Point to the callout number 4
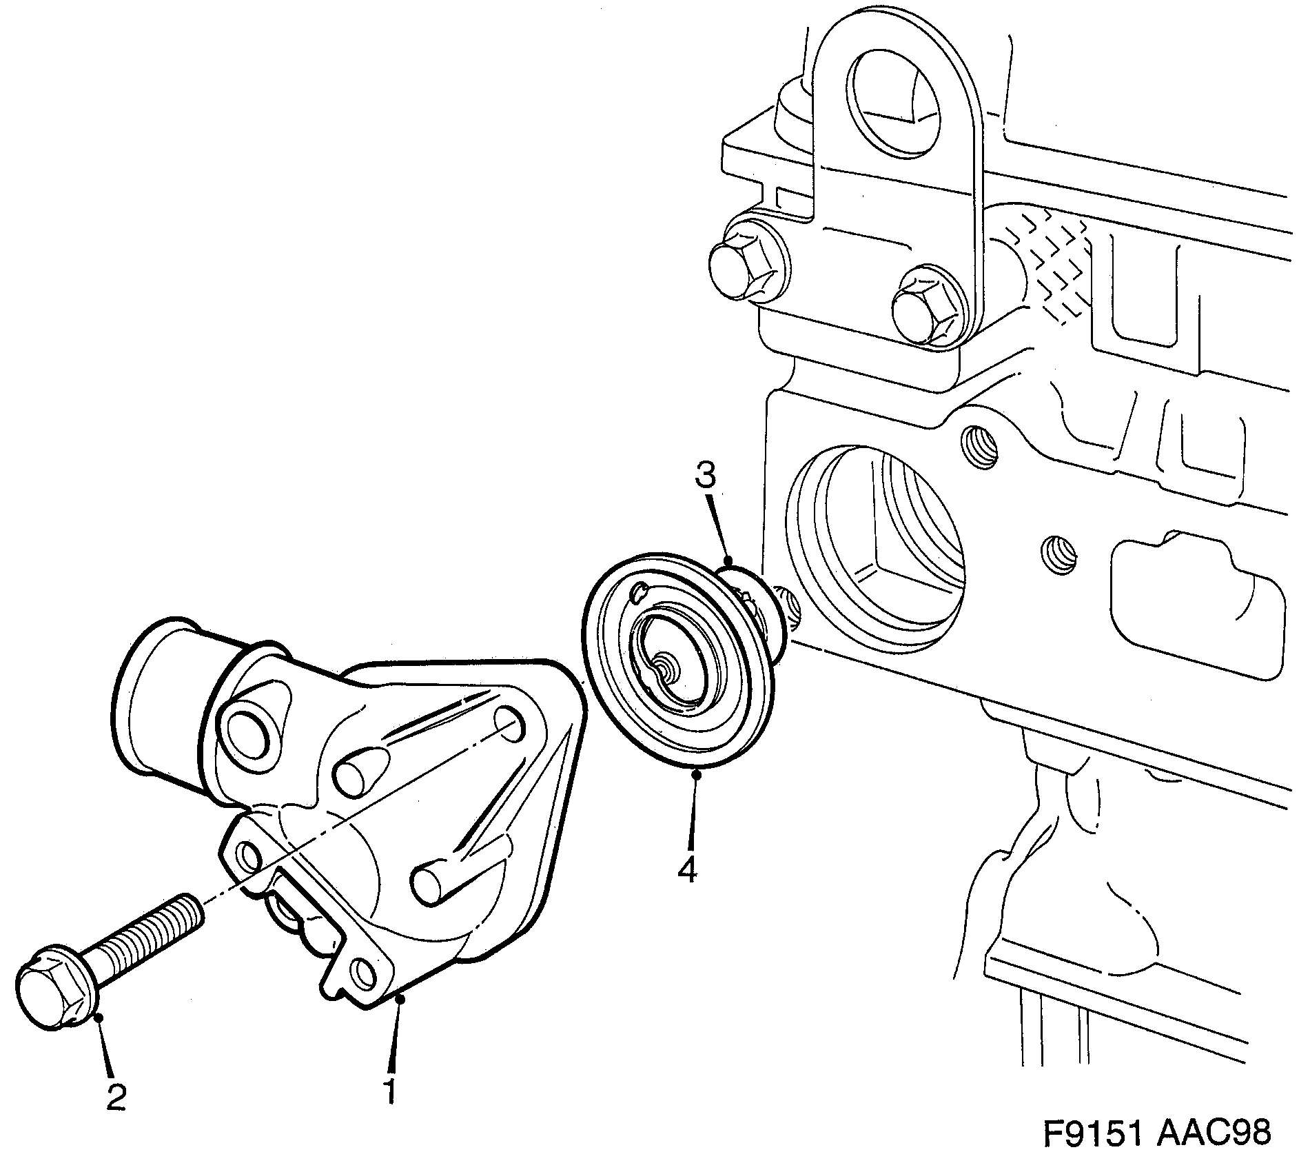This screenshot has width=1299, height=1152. (687, 870)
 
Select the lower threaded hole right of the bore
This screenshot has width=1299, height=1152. (1058, 554)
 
